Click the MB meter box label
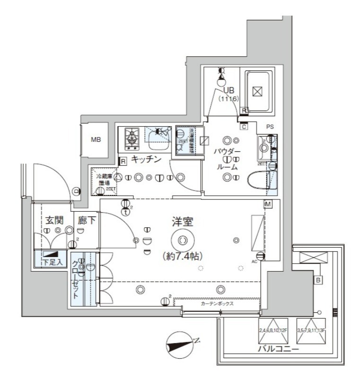pos(96,140)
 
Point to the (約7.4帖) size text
pos(183,256)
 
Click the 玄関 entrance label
pos(55,220)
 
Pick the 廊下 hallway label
pos(87,220)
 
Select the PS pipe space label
pos(270,127)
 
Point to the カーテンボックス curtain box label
pos(217,304)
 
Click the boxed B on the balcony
pos(319,280)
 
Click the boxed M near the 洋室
pos(268,204)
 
